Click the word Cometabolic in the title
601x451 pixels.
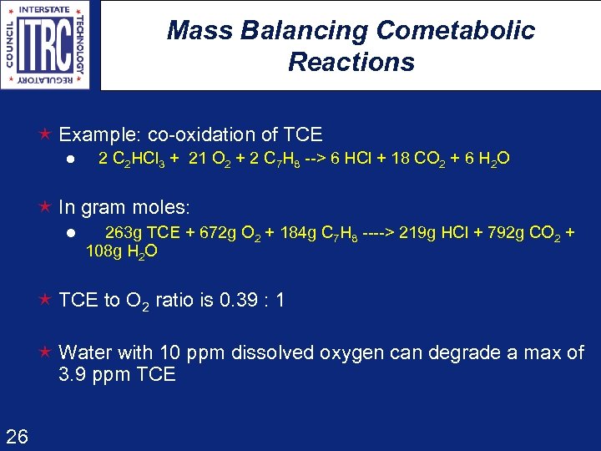point(456,31)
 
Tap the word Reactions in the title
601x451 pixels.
point(351,62)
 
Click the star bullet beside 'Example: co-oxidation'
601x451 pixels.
point(47,134)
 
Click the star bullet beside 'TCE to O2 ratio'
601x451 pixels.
point(47,300)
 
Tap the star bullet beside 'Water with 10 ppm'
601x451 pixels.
point(47,352)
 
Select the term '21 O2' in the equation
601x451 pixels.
point(213,159)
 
